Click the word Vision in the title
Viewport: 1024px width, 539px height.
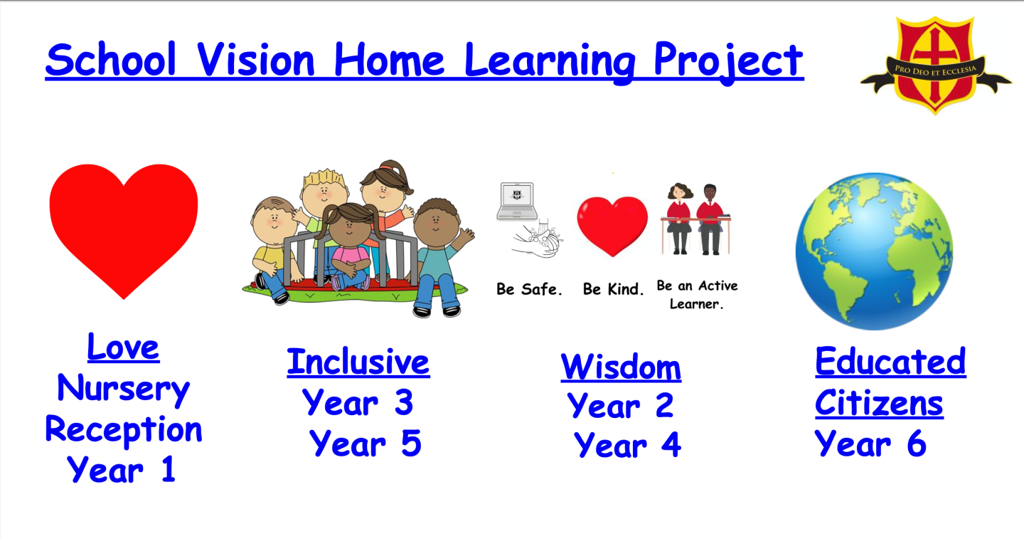point(256,60)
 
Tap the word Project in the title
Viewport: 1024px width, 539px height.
point(728,62)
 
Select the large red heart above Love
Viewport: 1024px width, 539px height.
point(124,229)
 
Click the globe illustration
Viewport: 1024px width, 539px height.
point(874,251)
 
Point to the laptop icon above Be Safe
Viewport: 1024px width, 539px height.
point(517,201)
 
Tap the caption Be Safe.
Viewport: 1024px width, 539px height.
point(529,289)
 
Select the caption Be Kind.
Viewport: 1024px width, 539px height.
point(613,289)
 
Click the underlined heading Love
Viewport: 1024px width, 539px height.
point(124,347)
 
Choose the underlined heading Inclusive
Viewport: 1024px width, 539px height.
point(358,362)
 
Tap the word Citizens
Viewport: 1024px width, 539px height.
point(879,403)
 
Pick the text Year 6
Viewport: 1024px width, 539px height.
point(870,443)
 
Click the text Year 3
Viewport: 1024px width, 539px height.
point(358,403)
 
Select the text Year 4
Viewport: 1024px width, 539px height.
point(627,445)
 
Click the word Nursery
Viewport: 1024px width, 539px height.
point(124,389)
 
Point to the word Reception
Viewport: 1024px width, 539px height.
point(124,430)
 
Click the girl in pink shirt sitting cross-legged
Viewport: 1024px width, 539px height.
point(351,247)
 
